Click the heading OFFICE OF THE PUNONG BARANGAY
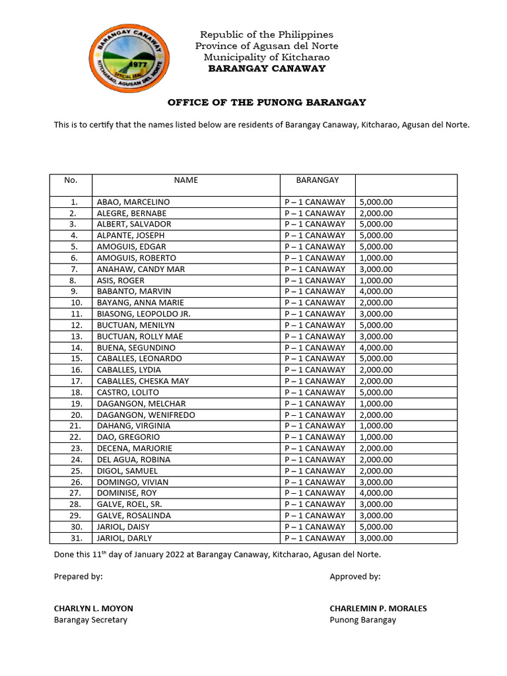pyautogui.click(x=267, y=102)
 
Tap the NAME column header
pyautogui.click(x=186, y=180)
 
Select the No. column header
pyautogui.click(x=71, y=180)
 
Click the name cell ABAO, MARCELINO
pyautogui.click(x=133, y=202)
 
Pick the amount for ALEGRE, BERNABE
pyautogui.click(x=376, y=213)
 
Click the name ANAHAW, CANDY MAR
pyautogui.click(x=141, y=269)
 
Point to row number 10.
pyautogui.click(x=73, y=303)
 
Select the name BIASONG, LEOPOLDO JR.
pyautogui.click(x=143, y=314)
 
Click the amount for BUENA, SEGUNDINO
pyautogui.click(x=376, y=347)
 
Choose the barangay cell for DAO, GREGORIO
pyautogui.click(x=315, y=437)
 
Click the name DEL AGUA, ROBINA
pyautogui.click(x=133, y=459)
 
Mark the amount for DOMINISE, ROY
pyautogui.click(x=376, y=493)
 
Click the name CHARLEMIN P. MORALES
pyautogui.click(x=378, y=609)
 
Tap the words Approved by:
pyautogui.click(x=355, y=577)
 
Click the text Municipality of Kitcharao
pyautogui.click(x=267, y=57)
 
